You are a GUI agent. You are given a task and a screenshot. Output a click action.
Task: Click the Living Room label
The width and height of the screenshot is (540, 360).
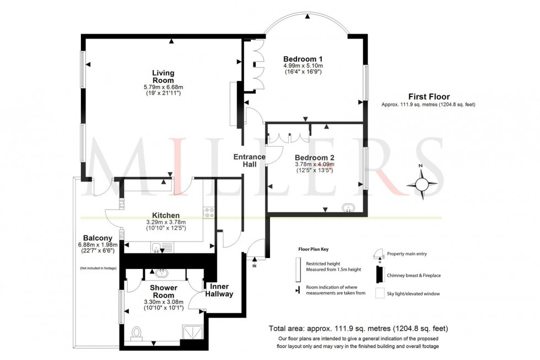[x=163, y=77]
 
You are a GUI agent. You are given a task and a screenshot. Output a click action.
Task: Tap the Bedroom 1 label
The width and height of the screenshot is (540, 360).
[x=303, y=59]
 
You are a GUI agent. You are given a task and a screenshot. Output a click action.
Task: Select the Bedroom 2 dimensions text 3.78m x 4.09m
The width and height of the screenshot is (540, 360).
[x=315, y=164]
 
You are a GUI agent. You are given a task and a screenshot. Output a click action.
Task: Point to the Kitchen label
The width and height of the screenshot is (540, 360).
[x=166, y=215]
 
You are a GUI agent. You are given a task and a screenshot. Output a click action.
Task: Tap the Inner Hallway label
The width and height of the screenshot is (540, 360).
[x=219, y=290]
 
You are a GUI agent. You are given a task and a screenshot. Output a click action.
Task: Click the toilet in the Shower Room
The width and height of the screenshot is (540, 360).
[x=137, y=332]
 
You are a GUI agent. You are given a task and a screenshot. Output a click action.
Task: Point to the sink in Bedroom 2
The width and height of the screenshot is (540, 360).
[x=348, y=208]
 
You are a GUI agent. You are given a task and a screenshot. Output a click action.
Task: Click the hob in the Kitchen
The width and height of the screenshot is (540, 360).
[x=209, y=212]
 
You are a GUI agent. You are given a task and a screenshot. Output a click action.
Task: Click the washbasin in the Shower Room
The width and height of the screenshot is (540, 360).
[x=162, y=273]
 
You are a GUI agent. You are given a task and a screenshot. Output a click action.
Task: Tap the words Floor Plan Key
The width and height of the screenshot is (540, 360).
[x=314, y=249]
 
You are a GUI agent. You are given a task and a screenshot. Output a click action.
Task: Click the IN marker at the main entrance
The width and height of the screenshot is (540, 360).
[x=254, y=266]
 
